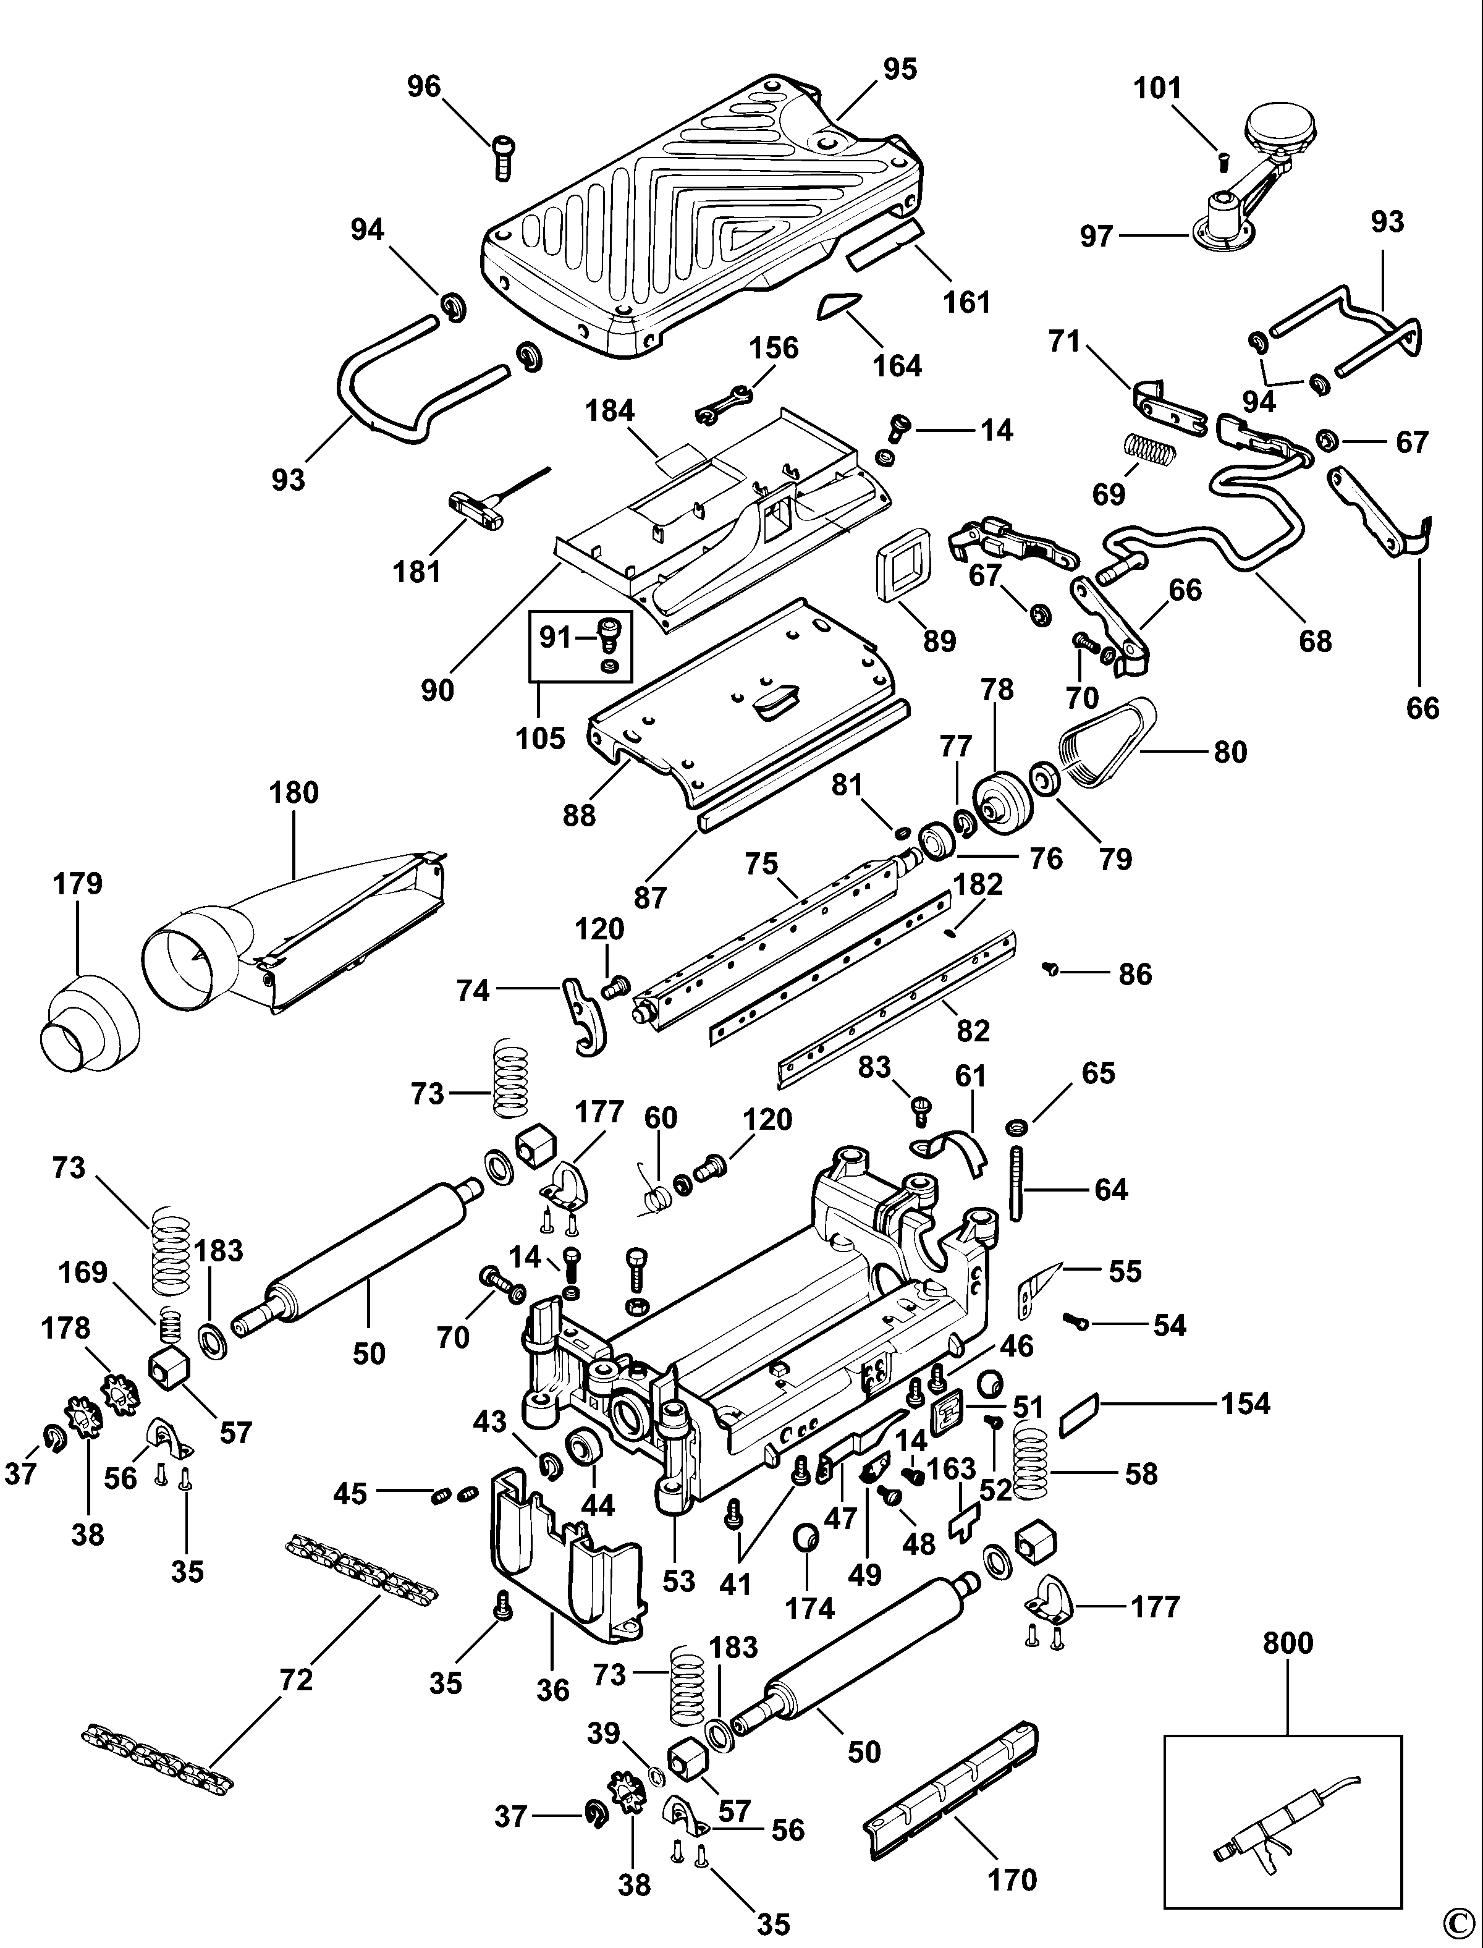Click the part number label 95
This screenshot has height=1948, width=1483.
click(x=900, y=69)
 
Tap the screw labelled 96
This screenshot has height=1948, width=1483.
click(x=503, y=156)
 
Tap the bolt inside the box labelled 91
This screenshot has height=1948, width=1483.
click(x=609, y=633)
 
